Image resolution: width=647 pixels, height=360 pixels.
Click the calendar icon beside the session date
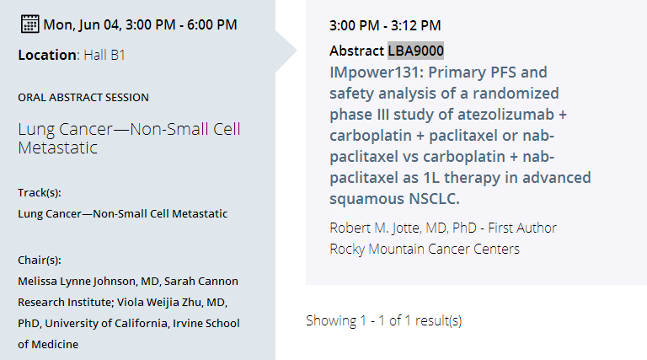coord(29,24)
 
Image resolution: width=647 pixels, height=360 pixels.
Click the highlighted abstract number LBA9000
coord(415,51)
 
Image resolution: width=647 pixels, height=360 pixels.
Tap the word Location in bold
coord(46,55)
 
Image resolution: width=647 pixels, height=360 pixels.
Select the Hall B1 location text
coord(104,55)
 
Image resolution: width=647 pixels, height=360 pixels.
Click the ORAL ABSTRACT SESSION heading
coord(83,98)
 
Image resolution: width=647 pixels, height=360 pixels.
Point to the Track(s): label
coord(40,193)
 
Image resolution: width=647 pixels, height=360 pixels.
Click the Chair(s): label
coord(40,260)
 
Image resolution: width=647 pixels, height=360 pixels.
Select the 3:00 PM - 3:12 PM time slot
coord(385,25)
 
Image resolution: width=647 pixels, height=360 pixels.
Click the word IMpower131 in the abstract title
coord(377,73)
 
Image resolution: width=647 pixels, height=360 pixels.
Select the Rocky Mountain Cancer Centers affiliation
coord(425,249)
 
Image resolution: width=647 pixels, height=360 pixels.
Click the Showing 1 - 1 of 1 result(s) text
coord(384,320)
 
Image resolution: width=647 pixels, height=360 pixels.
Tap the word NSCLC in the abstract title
coord(434,199)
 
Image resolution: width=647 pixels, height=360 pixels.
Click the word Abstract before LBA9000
coord(356,51)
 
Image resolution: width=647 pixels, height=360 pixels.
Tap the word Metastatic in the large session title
coord(58,148)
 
